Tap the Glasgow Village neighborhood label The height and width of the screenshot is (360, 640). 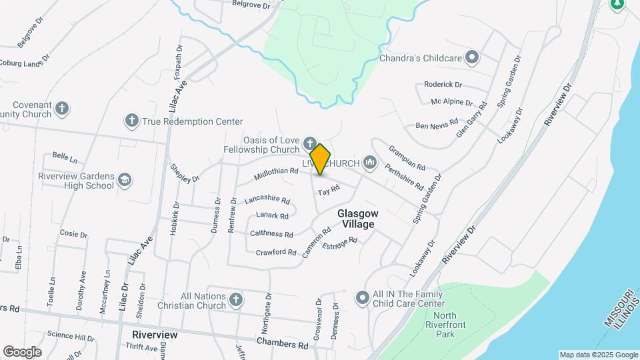click(358, 219)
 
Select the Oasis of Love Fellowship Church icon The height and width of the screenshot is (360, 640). click(309, 143)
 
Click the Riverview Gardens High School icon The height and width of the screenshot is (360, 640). click(125, 180)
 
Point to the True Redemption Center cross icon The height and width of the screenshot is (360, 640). click(131, 121)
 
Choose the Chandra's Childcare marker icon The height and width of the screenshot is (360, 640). click(472, 57)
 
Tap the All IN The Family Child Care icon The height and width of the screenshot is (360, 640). click(362, 297)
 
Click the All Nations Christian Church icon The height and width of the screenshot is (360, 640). click(235, 300)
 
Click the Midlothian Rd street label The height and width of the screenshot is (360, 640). click(275, 175)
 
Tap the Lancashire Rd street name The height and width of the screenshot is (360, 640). click(267, 200)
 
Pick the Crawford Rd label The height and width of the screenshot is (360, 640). click(276, 252)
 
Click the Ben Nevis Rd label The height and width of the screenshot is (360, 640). click(437, 125)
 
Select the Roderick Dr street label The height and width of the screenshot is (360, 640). click(443, 85)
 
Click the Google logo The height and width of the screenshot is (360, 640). click(22, 351)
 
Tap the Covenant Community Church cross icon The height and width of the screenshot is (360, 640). click(62, 108)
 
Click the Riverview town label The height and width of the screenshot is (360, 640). click(155, 334)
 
